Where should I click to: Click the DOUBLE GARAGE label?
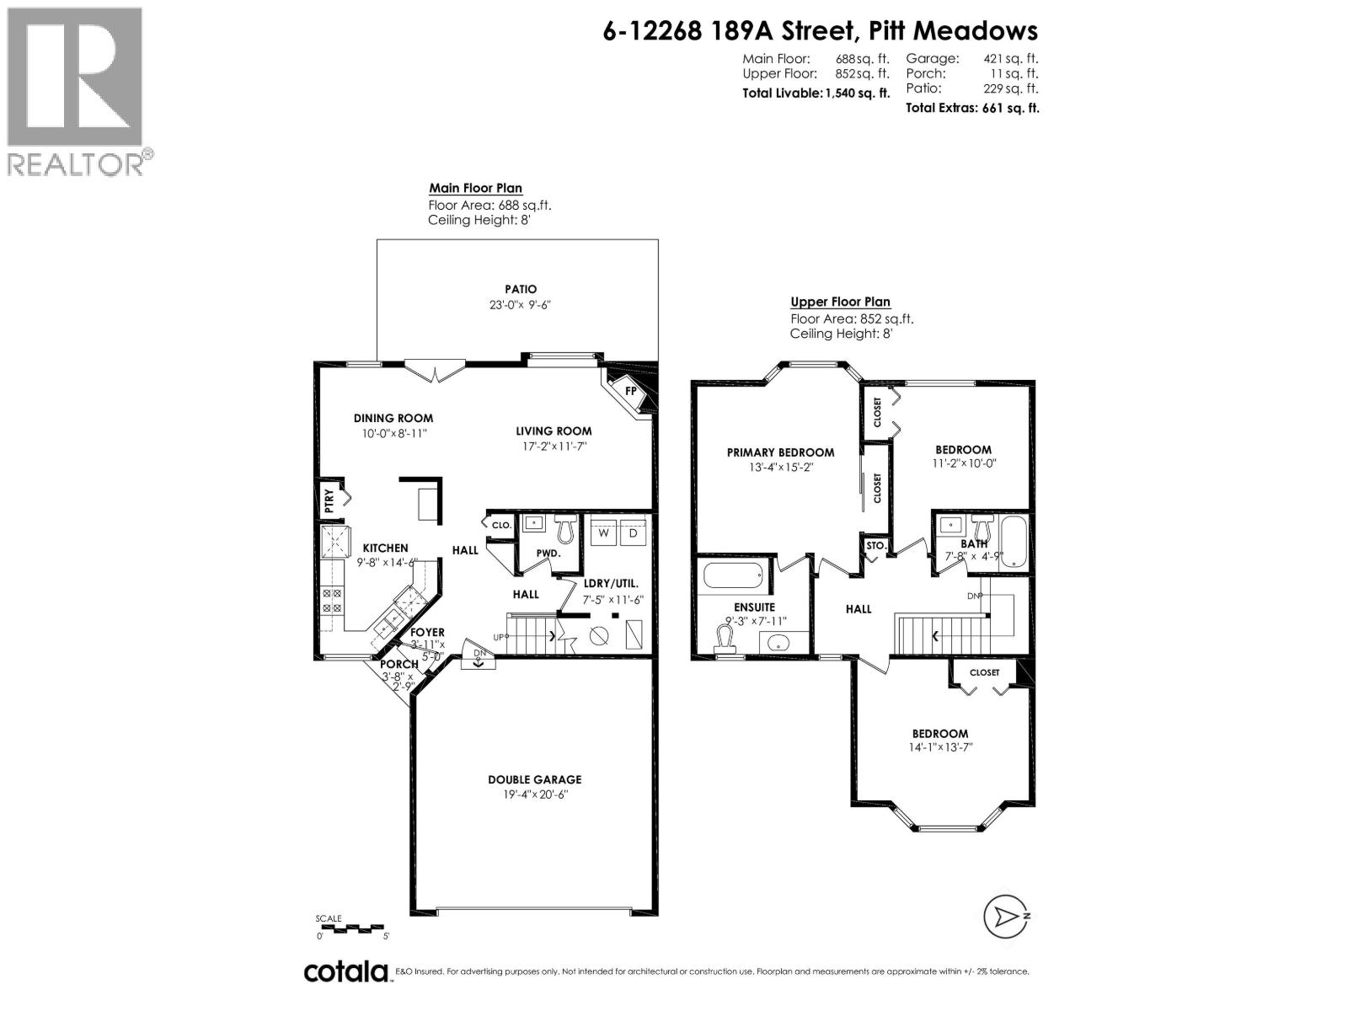coord(535,779)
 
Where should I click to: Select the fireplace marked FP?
coord(629,391)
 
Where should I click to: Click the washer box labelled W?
coord(604,533)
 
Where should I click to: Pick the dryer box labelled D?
coord(634,533)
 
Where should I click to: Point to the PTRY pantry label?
coord(329,501)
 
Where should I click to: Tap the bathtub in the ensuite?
coord(734,577)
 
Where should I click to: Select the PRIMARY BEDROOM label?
coord(780,452)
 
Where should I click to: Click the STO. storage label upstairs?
coord(876,546)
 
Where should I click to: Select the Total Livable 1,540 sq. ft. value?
coord(857,94)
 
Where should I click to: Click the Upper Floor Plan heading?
coord(840,302)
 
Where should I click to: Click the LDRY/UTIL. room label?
coord(611,583)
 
